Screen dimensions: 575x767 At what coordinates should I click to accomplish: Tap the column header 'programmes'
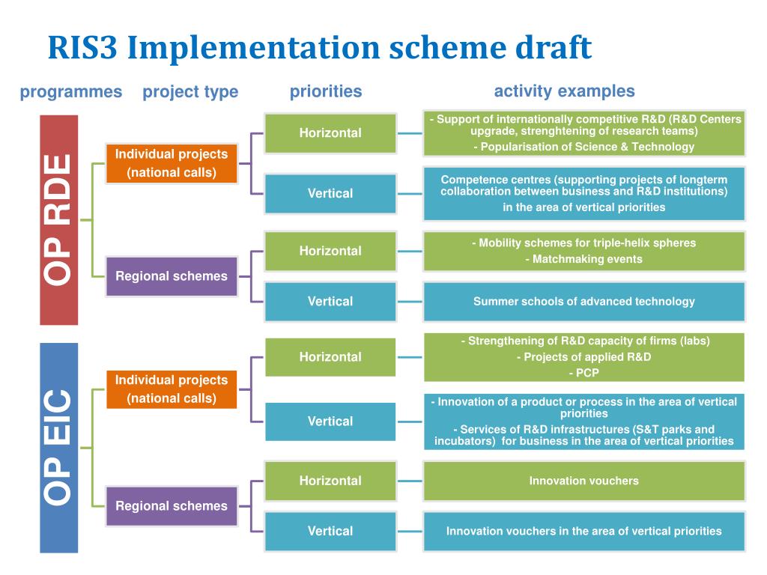[x=70, y=92]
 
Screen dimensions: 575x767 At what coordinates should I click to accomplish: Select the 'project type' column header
[x=190, y=92]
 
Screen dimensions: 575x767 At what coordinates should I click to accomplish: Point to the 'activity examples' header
[x=564, y=91]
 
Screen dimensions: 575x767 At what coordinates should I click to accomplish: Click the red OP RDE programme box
[x=58, y=219]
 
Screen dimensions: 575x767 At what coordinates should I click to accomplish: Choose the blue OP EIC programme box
[x=58, y=447]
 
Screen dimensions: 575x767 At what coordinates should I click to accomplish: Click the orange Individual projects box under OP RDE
[x=171, y=163]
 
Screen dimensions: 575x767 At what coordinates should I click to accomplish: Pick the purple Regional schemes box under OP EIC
[x=171, y=505]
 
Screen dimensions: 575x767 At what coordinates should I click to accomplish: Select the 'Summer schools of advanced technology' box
[x=583, y=302]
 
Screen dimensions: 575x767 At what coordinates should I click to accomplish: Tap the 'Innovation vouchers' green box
[x=583, y=481]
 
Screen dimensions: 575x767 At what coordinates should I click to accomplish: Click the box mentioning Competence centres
[x=583, y=193]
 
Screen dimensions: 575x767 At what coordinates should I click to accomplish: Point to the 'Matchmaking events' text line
[x=583, y=259]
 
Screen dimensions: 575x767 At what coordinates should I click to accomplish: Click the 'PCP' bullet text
[x=583, y=372]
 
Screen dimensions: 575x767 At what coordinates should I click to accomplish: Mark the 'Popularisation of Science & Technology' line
[x=583, y=147]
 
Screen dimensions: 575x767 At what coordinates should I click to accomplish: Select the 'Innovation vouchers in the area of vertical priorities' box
[x=583, y=531]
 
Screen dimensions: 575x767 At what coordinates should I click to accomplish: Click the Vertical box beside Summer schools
[x=330, y=302]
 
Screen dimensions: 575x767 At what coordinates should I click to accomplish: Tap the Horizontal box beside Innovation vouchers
[x=330, y=481]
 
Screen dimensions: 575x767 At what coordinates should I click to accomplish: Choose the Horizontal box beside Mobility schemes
[x=330, y=251]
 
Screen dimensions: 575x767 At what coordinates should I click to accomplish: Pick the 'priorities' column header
[x=325, y=91]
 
